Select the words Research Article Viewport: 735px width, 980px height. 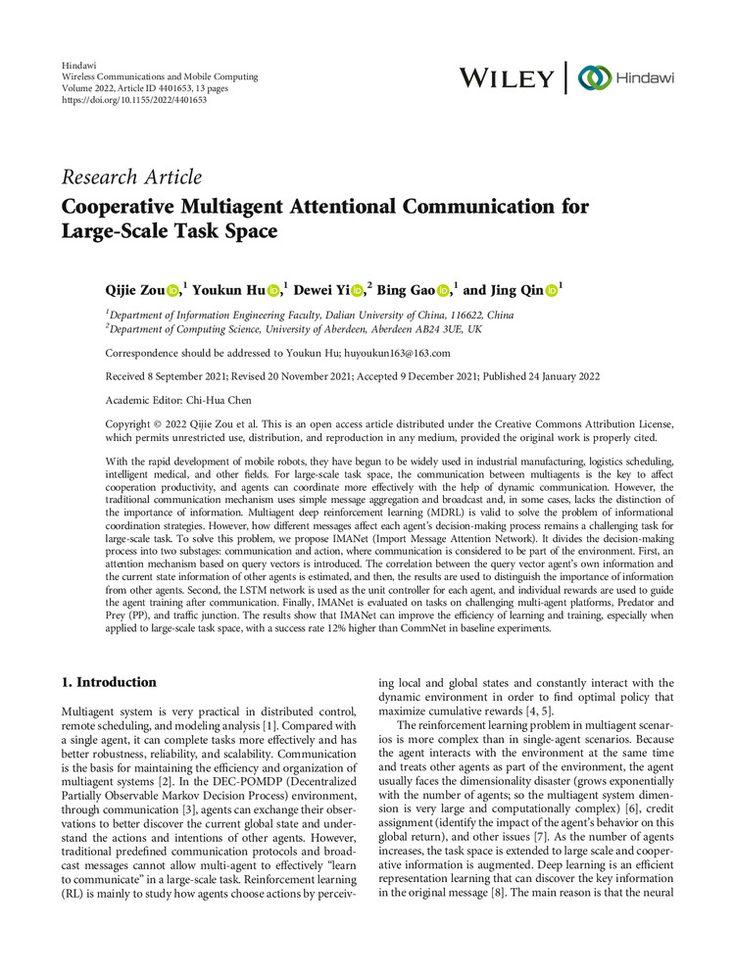tap(131, 177)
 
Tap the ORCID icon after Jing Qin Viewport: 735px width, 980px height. tap(551, 291)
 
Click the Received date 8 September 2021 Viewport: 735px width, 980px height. tap(207, 376)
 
